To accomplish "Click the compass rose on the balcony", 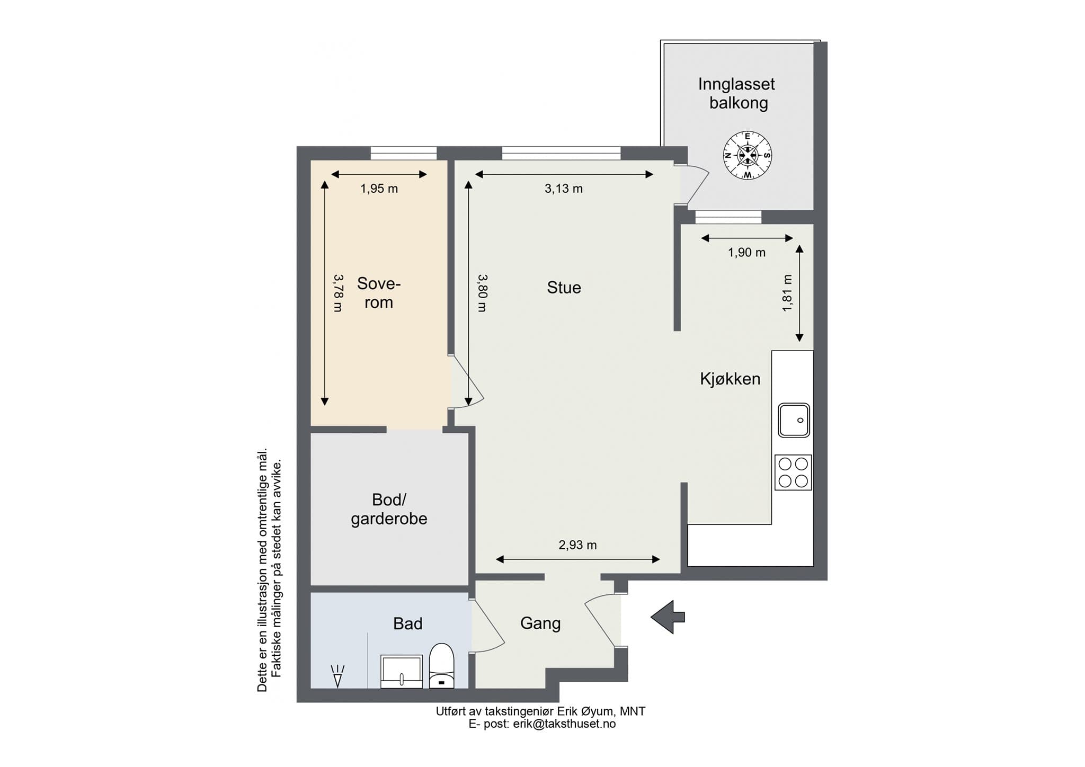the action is click(x=748, y=155).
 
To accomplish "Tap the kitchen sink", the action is click(x=794, y=420).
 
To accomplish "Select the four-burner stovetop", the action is click(x=793, y=472).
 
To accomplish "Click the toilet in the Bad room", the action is click(x=441, y=665).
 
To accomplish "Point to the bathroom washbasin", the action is click(x=402, y=672).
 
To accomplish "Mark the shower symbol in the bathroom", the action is click(x=337, y=676).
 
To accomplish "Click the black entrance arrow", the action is click(x=668, y=617).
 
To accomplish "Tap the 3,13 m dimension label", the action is click(x=564, y=189).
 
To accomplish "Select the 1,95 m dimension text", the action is click(x=379, y=189).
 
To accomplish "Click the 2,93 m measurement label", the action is click(x=577, y=545).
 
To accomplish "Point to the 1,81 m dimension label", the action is click(x=787, y=292).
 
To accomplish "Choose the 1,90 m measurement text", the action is click(x=746, y=253).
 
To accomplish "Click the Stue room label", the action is click(x=564, y=288).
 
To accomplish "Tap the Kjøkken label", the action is click(x=730, y=379).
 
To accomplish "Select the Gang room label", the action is click(x=540, y=623).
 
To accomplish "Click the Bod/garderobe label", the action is click(x=389, y=509).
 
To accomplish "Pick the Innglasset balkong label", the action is click(x=737, y=93).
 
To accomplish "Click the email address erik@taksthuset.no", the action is click(x=564, y=724).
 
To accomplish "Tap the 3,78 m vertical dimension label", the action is click(x=337, y=292).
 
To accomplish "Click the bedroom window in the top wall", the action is click(x=404, y=153).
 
